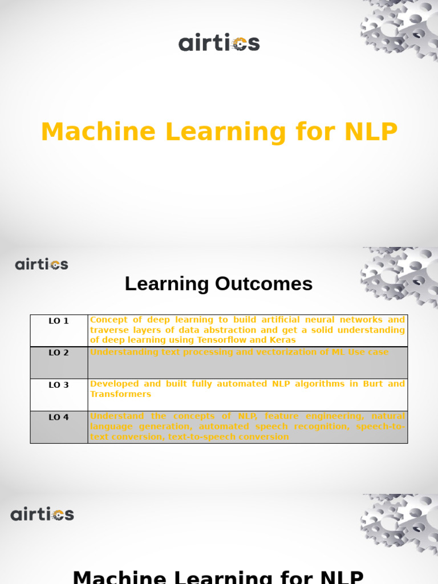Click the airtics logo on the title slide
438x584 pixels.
(219, 43)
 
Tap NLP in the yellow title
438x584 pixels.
(371, 132)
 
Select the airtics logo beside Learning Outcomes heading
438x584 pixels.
(42, 265)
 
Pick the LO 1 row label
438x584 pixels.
(59, 321)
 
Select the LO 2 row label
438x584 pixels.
(59, 353)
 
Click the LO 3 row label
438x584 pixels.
(59, 385)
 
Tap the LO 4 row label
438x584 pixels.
(59, 417)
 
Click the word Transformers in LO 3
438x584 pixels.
(120, 394)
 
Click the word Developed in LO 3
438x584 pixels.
(114, 384)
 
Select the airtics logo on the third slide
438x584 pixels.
(42, 514)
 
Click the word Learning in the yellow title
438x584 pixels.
(225, 132)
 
